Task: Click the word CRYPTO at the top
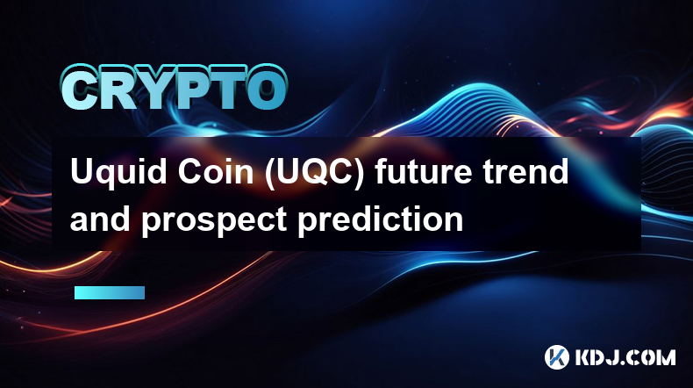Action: (175, 88)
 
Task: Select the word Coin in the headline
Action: (216, 172)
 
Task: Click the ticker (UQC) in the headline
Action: (315, 173)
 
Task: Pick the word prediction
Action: (381, 219)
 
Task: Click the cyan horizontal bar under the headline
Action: (110, 292)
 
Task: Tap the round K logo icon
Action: (556, 357)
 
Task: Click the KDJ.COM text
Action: (625, 357)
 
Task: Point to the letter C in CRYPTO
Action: (80, 89)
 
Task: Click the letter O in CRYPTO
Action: (265, 89)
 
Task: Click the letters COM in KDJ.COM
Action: (651, 357)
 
